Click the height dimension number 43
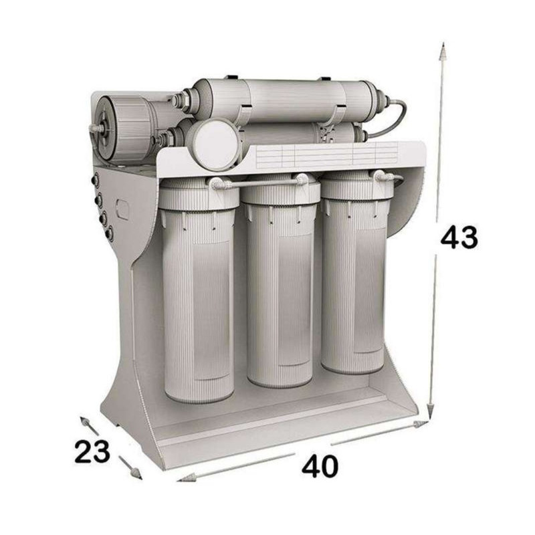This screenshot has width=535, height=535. click(459, 237)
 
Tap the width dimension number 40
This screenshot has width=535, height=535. click(320, 465)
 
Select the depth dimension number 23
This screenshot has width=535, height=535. click(92, 451)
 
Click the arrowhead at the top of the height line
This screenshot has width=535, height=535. click(443, 51)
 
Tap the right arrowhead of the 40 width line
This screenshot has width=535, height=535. click(420, 424)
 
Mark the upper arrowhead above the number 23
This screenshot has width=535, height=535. click(85, 422)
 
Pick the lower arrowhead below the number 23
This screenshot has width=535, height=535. click(136, 473)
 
